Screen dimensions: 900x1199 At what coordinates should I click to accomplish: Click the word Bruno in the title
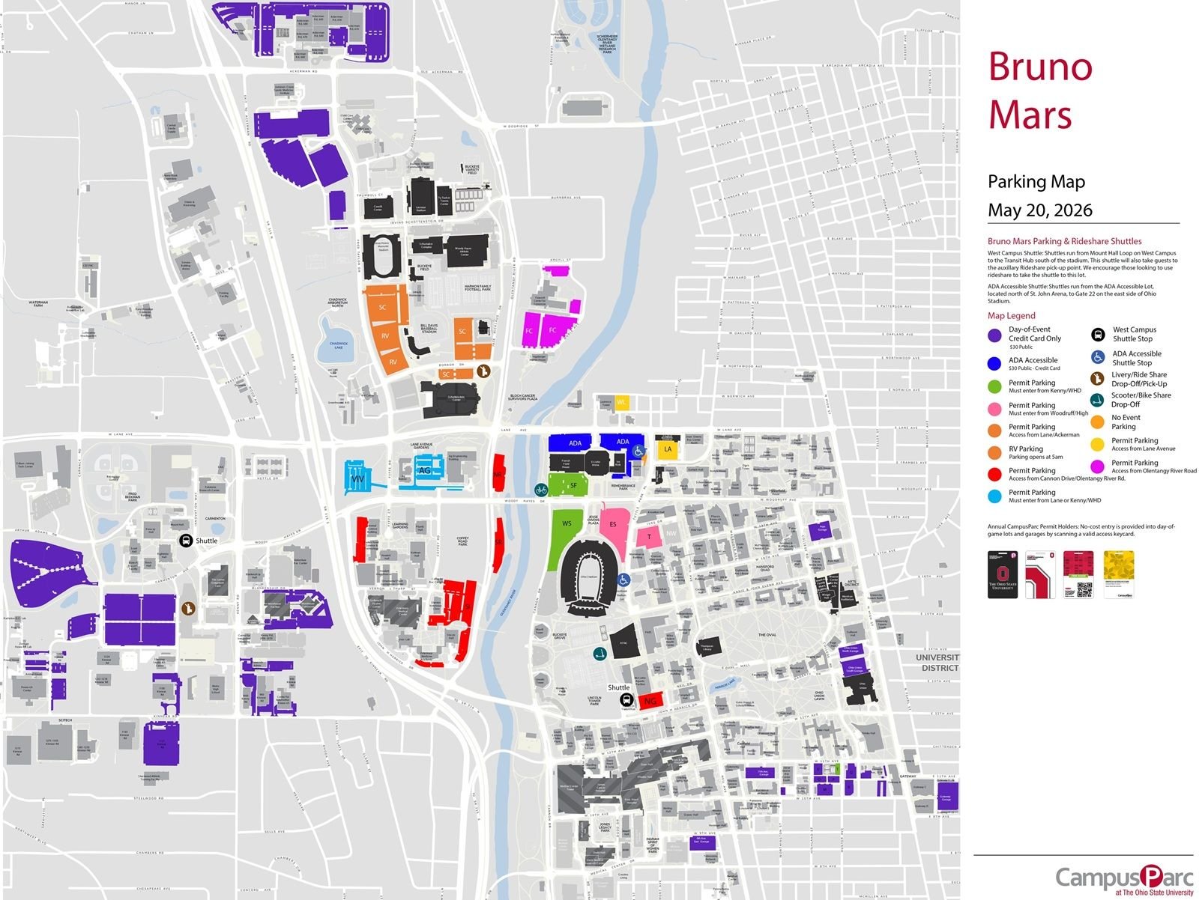pyautogui.click(x=1040, y=67)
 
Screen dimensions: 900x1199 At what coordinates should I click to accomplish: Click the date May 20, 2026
pyautogui.click(x=1039, y=210)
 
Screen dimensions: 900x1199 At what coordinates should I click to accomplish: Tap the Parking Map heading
pyautogui.click(x=1036, y=182)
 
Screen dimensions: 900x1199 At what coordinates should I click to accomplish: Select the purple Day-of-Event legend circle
pyautogui.click(x=994, y=335)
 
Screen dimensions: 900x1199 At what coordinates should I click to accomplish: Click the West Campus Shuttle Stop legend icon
pyautogui.click(x=1097, y=335)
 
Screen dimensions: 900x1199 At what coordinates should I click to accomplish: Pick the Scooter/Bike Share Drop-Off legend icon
pyautogui.click(x=1097, y=400)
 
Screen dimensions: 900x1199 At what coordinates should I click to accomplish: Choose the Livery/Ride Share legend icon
pyautogui.click(x=1097, y=379)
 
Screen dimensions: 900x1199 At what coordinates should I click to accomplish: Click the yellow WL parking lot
pyautogui.click(x=621, y=403)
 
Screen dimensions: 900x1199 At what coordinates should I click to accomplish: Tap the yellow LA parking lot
pyautogui.click(x=667, y=449)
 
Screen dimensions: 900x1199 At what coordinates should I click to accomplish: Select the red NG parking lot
pyautogui.click(x=650, y=700)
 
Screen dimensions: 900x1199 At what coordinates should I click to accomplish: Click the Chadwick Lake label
pyautogui.click(x=337, y=345)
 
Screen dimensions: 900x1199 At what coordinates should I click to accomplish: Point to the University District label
pyautogui.click(x=936, y=663)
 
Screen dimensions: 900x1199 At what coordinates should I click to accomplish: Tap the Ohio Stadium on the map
pyautogui.click(x=590, y=577)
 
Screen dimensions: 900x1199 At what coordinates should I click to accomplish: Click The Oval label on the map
pyautogui.click(x=766, y=635)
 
